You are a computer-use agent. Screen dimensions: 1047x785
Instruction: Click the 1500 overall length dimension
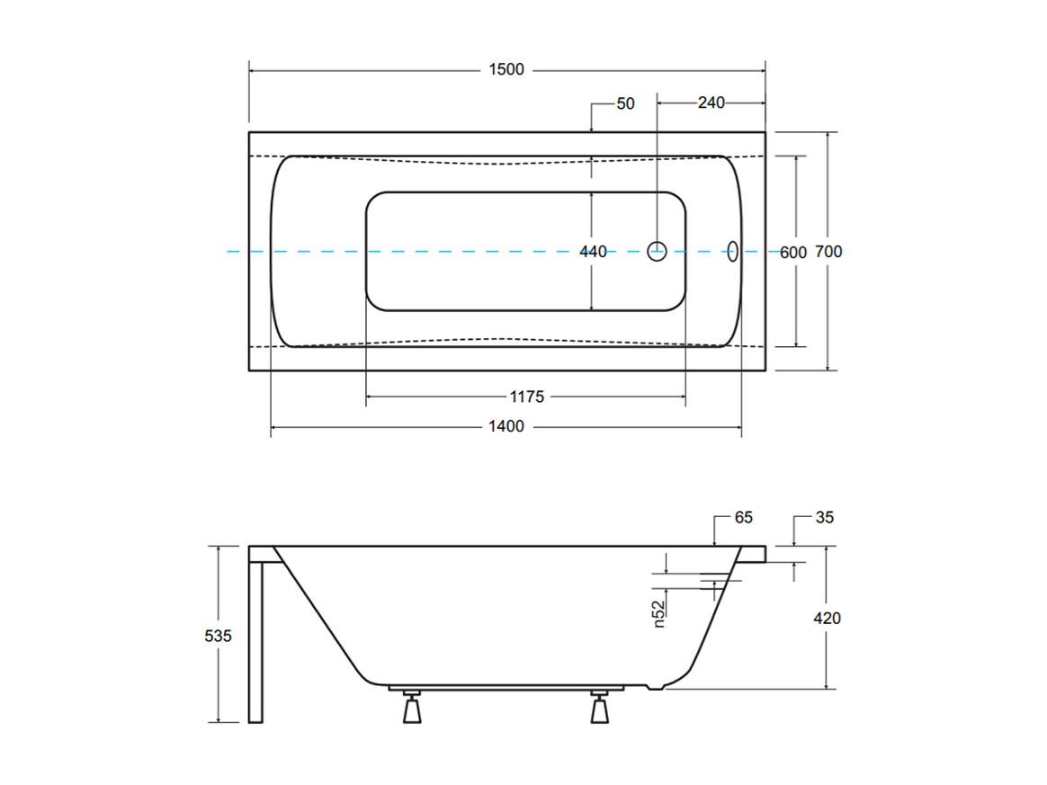[x=506, y=69]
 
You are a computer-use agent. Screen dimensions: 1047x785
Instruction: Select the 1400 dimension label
[x=506, y=426]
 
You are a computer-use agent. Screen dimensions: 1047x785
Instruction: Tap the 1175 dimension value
[x=527, y=397]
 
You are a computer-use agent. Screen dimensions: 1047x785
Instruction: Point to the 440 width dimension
[x=593, y=252]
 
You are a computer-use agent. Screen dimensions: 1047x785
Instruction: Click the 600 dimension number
[x=793, y=253]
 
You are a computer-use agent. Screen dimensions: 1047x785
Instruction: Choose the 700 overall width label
[x=828, y=252]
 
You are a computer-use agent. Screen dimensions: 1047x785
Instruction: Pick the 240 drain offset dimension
[x=711, y=103]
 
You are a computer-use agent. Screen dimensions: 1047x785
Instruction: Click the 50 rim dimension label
[x=626, y=103]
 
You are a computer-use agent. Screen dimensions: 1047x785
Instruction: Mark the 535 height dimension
[x=219, y=636]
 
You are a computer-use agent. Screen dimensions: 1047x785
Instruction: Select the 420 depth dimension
[x=827, y=618]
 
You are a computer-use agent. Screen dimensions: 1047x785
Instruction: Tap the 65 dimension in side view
[x=743, y=517]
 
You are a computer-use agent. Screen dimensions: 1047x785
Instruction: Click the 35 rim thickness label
[x=825, y=517]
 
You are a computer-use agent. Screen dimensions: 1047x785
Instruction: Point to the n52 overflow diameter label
[x=659, y=613]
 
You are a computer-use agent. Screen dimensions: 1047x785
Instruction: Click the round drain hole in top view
[x=657, y=251]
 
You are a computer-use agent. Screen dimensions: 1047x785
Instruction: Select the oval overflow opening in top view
[x=732, y=251]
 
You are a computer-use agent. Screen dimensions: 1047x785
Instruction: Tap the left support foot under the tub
[x=411, y=708]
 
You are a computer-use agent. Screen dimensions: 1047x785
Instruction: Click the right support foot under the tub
[x=600, y=708]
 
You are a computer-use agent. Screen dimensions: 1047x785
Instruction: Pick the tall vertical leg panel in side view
[x=255, y=641]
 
